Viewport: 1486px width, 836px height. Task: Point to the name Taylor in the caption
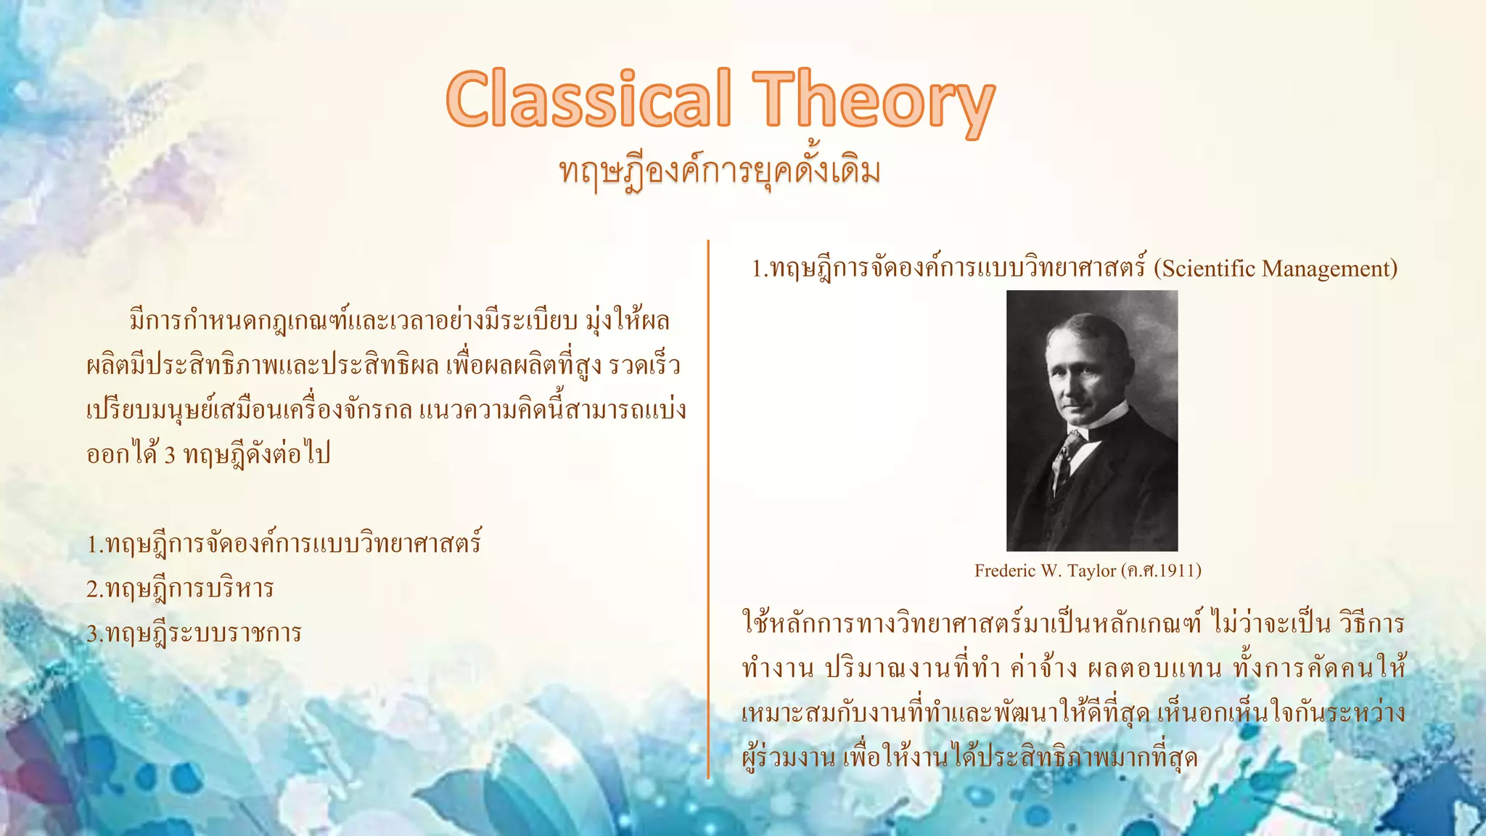[x=1091, y=571]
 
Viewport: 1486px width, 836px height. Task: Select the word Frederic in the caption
[x=1005, y=571]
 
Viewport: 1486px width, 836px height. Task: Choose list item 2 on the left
[x=180, y=589]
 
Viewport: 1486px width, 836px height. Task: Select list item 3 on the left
[x=194, y=634]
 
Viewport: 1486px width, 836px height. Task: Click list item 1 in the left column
[x=284, y=544]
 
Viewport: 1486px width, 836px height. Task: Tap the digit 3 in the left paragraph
[x=170, y=456]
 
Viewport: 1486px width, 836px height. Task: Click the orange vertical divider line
[x=708, y=508]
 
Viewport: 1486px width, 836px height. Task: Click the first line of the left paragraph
[x=399, y=321]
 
